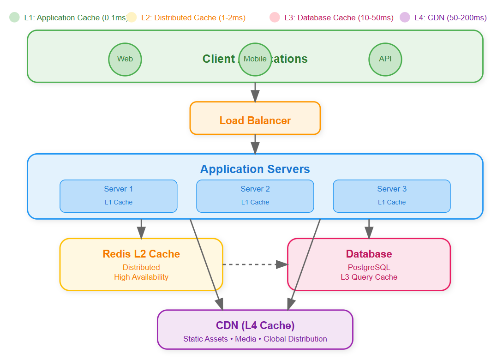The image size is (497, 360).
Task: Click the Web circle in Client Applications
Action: click(125, 59)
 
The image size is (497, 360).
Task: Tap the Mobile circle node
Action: click(255, 59)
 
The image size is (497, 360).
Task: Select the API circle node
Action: click(385, 59)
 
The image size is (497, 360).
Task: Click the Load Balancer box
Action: click(255, 118)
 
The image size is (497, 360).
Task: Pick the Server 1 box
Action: click(119, 196)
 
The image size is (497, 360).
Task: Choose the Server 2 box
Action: click(255, 196)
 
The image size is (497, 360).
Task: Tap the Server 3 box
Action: click(392, 196)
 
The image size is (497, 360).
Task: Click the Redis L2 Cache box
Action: click(141, 264)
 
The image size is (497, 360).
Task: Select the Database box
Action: click(369, 264)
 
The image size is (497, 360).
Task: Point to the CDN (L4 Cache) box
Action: click(255, 330)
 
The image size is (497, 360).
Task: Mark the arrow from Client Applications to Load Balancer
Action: click(255, 92)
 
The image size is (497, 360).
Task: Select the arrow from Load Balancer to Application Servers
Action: click(255, 144)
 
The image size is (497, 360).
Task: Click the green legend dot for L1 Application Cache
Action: click(14, 18)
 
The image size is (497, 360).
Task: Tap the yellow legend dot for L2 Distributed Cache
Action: click(132, 18)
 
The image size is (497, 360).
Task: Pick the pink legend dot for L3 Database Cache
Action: click(275, 18)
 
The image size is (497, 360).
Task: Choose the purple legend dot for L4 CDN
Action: click(405, 18)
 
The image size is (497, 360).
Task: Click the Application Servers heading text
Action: click(255, 169)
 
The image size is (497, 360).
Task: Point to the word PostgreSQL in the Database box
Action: click(369, 267)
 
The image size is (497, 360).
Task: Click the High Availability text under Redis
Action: click(141, 277)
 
